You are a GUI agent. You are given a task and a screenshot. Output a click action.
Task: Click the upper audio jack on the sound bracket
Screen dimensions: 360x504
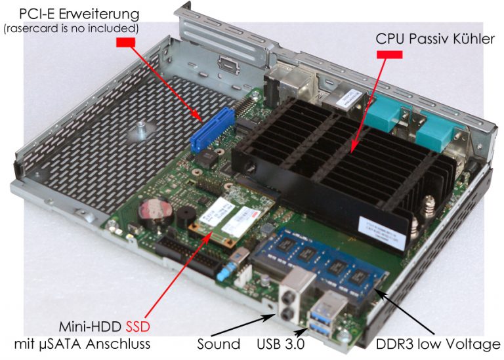coord(287,295)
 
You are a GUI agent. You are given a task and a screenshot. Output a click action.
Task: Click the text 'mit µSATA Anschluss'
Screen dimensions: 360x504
coord(84,344)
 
